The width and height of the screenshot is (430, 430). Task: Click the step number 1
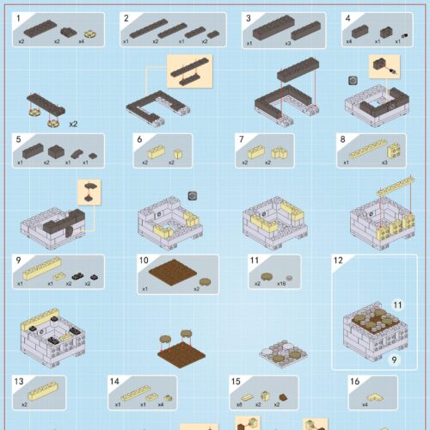(18, 17)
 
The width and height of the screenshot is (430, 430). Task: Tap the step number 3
(248, 17)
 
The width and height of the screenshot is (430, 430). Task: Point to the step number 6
(138, 138)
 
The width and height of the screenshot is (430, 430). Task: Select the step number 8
(342, 138)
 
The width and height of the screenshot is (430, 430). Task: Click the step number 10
(144, 260)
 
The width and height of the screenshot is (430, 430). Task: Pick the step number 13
(19, 381)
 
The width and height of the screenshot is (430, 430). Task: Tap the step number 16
(353, 381)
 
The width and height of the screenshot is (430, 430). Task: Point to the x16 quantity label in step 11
(280, 283)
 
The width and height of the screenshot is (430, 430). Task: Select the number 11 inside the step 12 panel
(397, 304)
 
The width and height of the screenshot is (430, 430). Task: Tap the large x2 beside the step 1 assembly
(74, 122)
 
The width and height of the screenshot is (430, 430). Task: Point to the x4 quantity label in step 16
(365, 404)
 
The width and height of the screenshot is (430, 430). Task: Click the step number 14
(114, 381)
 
